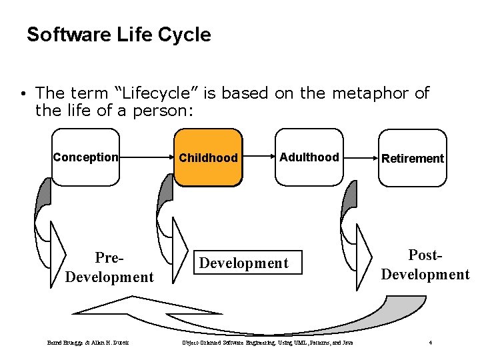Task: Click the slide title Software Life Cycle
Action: coord(119,35)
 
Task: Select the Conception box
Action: coord(85,158)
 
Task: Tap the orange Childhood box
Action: coord(208,158)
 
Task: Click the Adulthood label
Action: coord(309,157)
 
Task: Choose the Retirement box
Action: coord(412,158)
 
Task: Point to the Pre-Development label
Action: coord(109,267)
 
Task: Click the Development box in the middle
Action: coord(244,263)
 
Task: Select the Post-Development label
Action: coord(425,265)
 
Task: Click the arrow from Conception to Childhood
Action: coord(147,158)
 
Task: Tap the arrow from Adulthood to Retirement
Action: coord(360,158)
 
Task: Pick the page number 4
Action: coord(431,343)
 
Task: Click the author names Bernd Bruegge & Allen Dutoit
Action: coord(89,343)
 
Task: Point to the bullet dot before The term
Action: coord(23,94)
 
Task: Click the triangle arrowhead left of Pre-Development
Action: coord(59,253)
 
